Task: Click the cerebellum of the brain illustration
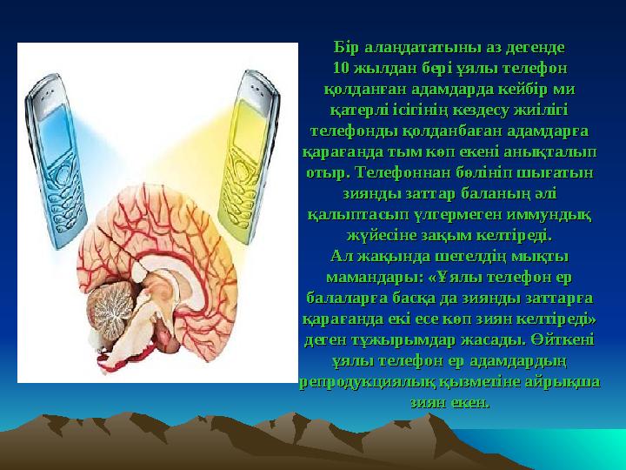[110, 310]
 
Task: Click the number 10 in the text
[341, 69]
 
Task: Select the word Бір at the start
[346, 48]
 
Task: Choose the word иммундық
[549, 215]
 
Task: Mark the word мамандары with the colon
[375, 278]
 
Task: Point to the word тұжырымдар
[403, 340]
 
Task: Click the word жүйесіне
[382, 236]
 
